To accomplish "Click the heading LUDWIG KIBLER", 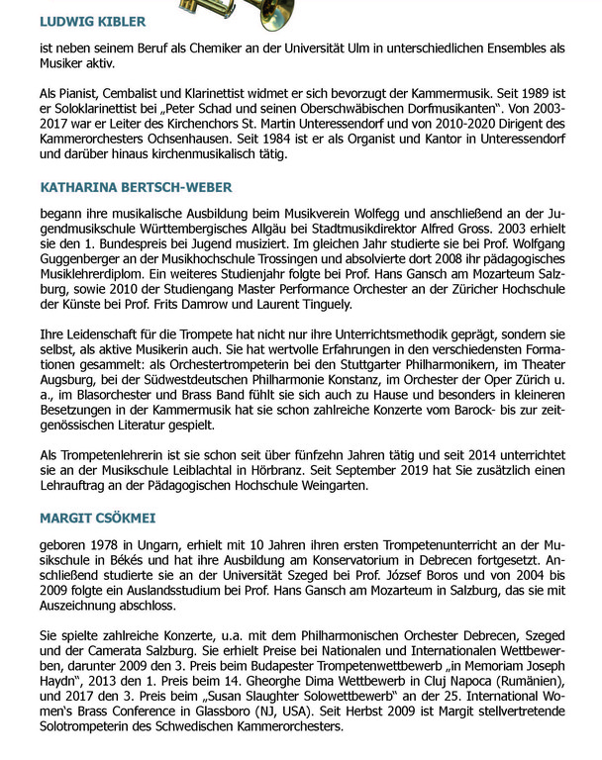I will click(x=92, y=22).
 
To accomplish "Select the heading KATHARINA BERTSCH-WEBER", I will click(x=136, y=186).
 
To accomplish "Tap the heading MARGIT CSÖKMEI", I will click(x=97, y=518).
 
